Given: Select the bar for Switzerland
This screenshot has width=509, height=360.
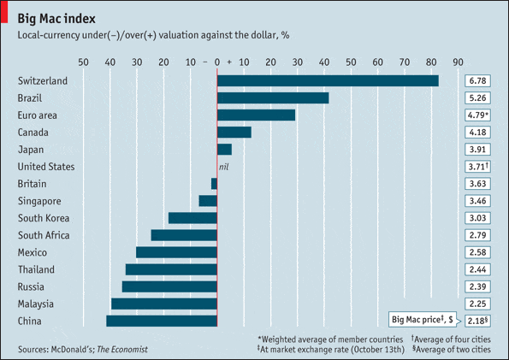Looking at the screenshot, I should coord(328,80).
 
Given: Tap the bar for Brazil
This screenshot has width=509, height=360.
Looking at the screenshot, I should coord(273,97).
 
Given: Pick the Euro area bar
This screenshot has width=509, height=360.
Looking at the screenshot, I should coord(256,115).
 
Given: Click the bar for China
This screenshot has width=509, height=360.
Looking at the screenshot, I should coord(162,321).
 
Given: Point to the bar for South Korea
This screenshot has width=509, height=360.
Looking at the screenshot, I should coord(192,218).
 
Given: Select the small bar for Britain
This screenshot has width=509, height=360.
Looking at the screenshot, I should coord(214,184).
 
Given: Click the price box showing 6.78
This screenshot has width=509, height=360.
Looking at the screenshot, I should coord(477,80).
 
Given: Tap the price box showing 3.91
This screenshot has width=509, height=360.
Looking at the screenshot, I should coord(477,149).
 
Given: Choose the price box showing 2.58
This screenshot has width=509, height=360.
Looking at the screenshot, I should coord(477,252).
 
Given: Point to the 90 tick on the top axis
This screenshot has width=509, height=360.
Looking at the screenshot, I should coord(459,62).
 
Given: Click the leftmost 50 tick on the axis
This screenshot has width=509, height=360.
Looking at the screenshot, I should coord(83,62).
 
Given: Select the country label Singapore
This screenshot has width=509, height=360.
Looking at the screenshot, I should coord(39,201).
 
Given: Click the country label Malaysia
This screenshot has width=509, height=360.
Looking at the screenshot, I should coord(36,304).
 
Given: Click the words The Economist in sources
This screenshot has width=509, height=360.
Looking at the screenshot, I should coord(121,349).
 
